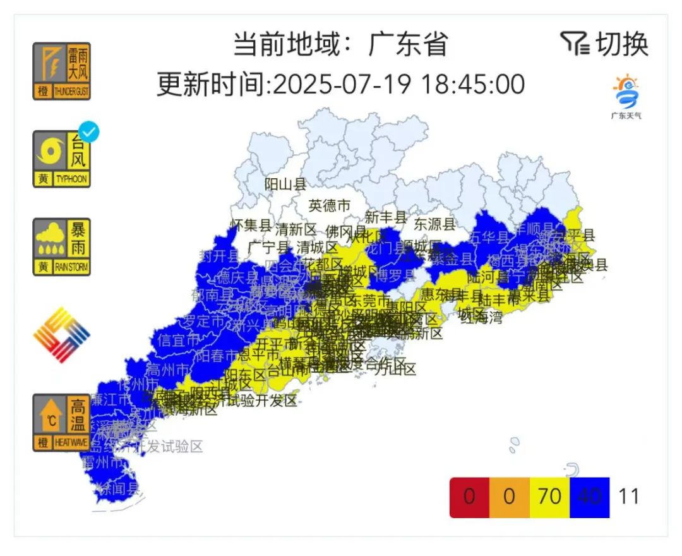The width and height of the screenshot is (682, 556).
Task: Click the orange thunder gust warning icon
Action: tap(61, 71)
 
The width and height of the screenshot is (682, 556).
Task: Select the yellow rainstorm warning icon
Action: tap(61, 246)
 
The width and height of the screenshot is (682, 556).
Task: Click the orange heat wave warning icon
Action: tap(61, 422)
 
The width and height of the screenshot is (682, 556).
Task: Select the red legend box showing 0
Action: tap(469, 497)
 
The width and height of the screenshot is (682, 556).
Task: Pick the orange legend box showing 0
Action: tap(509, 497)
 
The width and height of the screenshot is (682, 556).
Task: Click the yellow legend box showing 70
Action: tap(549, 497)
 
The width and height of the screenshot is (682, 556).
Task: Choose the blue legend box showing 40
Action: tap(589, 497)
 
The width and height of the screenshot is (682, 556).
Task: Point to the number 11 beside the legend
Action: tap(629, 497)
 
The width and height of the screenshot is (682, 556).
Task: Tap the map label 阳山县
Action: tap(285, 184)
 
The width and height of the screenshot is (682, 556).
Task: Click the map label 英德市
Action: tap(329, 205)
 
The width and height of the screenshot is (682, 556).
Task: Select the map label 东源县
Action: tap(434, 224)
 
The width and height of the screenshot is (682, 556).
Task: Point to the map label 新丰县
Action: tap(385, 217)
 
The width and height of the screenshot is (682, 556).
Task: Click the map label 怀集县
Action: tap(251, 224)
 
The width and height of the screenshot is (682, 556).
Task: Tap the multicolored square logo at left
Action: tap(61, 335)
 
